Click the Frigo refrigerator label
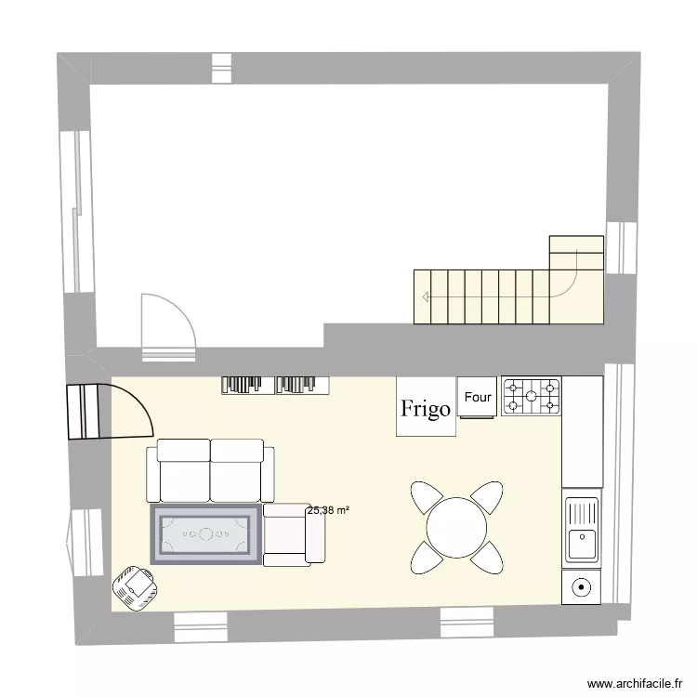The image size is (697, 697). tap(427, 407)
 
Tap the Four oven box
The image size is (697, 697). tap(478, 397)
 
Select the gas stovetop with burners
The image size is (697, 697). tap(533, 396)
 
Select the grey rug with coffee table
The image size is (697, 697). tap(205, 534)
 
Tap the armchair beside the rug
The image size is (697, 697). tap(293, 534)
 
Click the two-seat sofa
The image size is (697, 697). tap(210, 471)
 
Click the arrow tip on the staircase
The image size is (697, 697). tap(424, 297)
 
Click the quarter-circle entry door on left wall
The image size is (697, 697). tap(108, 411)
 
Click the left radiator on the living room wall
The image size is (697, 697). tap(246, 384)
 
